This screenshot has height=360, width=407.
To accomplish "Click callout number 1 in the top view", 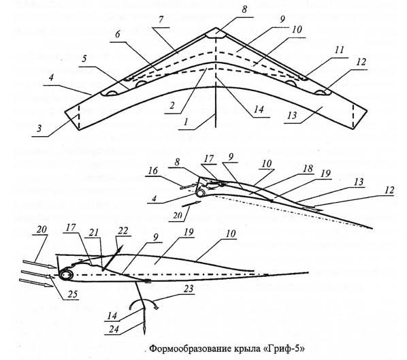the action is (185, 122).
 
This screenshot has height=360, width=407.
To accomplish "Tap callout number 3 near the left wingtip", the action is (39, 128).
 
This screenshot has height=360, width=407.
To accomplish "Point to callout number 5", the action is (84, 59).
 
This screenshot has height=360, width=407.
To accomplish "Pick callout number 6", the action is (118, 34).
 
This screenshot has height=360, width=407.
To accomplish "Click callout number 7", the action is (161, 20).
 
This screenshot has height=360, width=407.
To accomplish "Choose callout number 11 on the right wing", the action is (339, 50).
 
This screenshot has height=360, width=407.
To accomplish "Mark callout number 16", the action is (153, 171).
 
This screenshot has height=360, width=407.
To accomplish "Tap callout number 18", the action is (308, 169).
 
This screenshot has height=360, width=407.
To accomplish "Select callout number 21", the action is (94, 232).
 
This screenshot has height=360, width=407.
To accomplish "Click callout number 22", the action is (123, 231).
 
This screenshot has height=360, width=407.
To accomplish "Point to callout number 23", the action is (189, 289).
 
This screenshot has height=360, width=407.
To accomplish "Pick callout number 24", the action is (114, 329).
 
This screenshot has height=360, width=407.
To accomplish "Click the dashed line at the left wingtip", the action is (79, 117).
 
